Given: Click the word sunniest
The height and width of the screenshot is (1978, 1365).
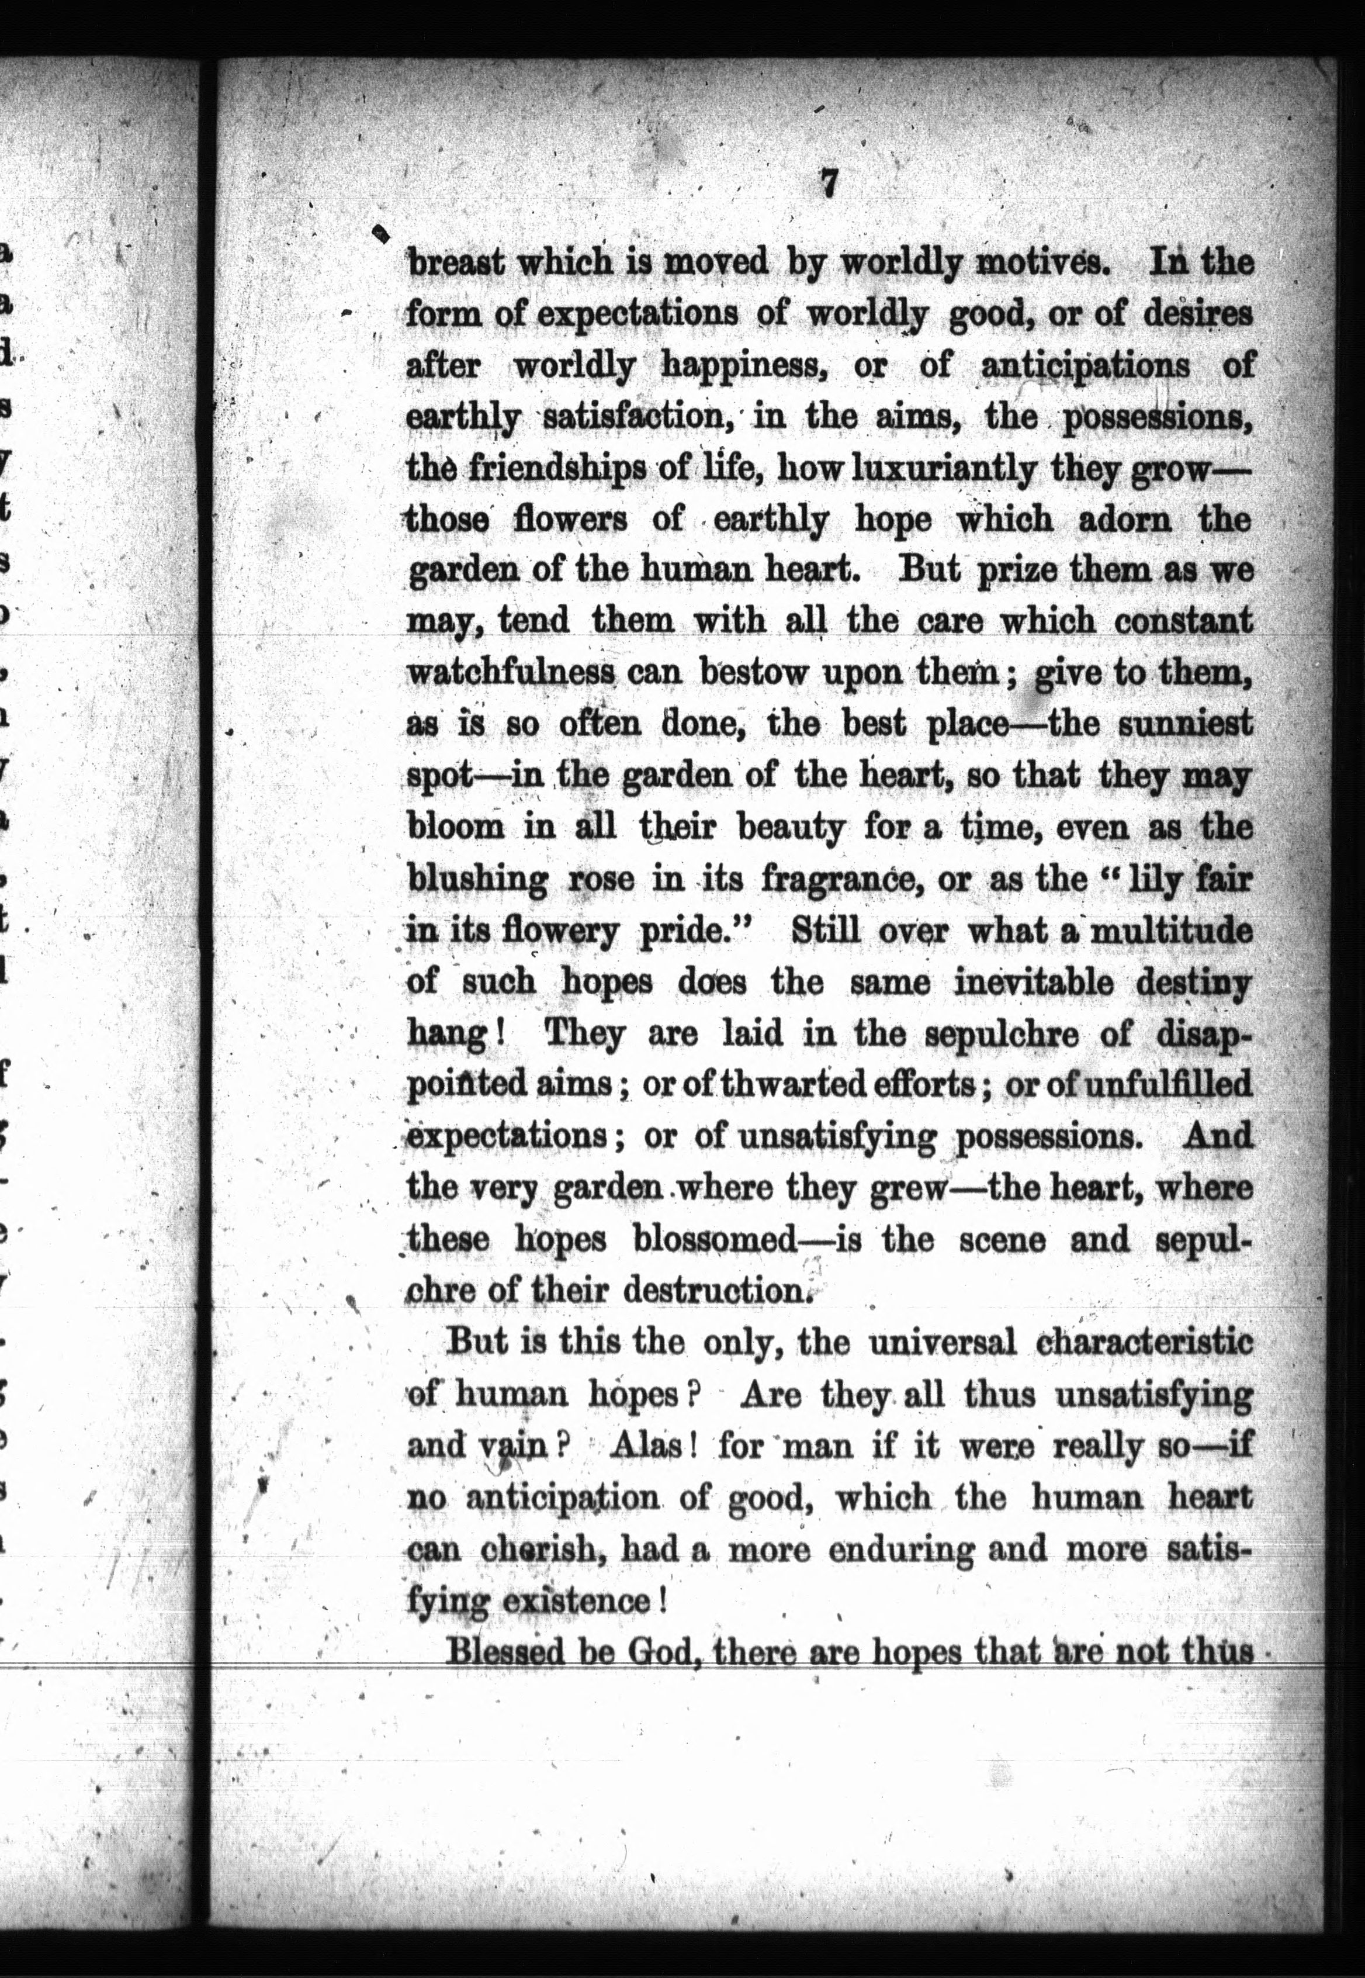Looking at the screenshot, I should (1184, 724).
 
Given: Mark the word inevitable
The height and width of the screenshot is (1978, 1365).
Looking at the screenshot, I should (1033, 981).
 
